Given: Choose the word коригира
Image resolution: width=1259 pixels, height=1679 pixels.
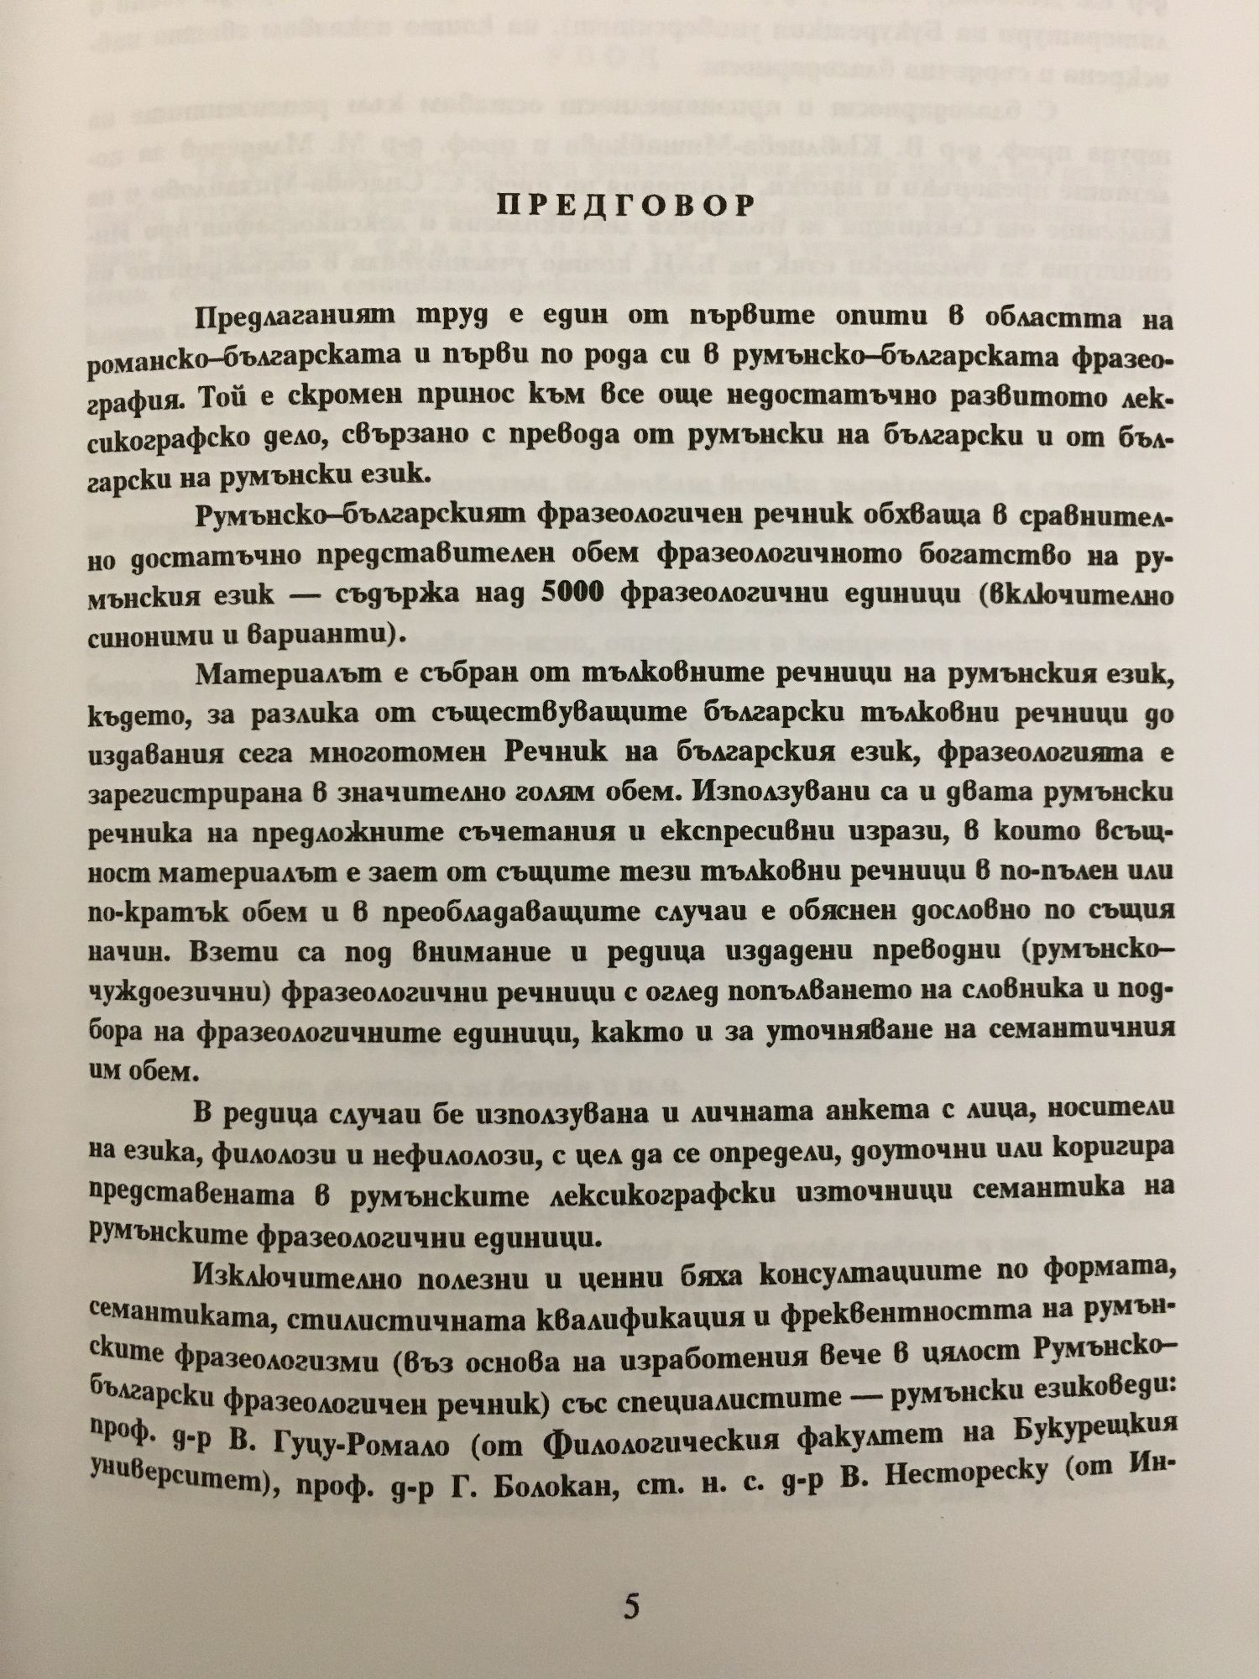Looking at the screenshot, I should click(x=1110, y=1148).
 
